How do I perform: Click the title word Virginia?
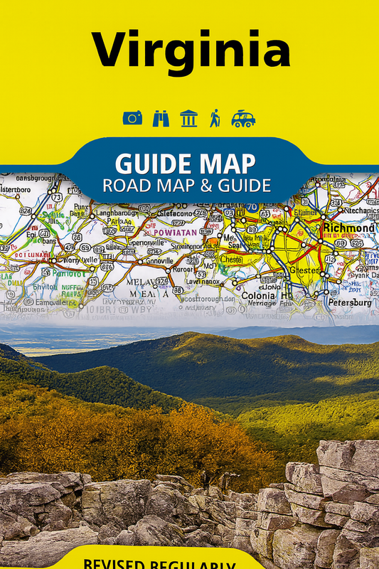click(x=190, y=50)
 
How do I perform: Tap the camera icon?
click(x=132, y=118)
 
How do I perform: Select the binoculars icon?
click(x=161, y=118)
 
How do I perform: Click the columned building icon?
click(x=188, y=118)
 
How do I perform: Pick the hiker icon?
click(x=215, y=118)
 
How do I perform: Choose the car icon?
click(x=243, y=118)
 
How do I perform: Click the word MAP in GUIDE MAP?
click(x=223, y=164)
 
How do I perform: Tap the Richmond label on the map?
click(x=348, y=228)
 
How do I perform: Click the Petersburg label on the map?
click(x=349, y=302)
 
